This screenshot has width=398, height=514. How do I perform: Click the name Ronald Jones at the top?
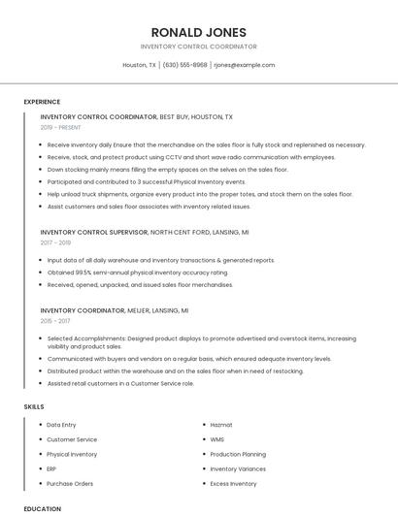(198, 32)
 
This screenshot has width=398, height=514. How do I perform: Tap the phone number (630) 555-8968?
(184, 65)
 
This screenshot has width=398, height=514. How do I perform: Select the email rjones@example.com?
(244, 65)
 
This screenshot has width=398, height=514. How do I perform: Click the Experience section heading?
(42, 102)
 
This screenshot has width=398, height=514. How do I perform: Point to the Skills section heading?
(34, 406)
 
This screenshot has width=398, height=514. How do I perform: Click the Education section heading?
(42, 508)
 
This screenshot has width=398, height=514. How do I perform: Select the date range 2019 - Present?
(61, 127)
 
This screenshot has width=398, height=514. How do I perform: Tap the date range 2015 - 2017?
(55, 320)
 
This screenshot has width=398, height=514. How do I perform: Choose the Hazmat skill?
(221, 425)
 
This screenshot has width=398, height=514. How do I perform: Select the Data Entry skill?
(61, 425)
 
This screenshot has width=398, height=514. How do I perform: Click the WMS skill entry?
(216, 439)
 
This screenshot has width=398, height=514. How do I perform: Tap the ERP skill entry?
(51, 468)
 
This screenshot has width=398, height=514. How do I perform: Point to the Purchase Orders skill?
(70, 483)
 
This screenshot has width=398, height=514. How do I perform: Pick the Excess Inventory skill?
(233, 483)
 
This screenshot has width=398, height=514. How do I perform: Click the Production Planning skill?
(238, 454)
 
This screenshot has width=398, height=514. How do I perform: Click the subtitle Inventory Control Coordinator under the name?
(198, 47)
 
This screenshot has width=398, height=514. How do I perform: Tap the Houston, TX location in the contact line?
(139, 65)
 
